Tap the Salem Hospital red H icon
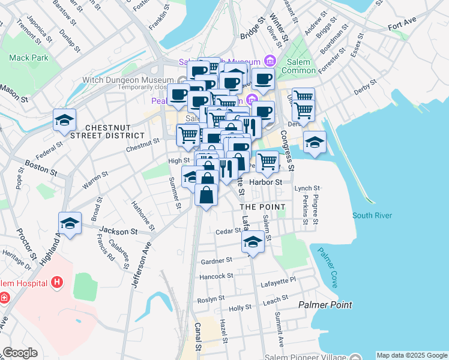click(57, 281)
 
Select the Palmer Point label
click(325, 305)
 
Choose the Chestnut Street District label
click(115, 132)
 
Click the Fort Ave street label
click(402, 27)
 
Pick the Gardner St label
click(217, 261)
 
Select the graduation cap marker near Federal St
click(64, 120)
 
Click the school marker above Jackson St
click(70, 224)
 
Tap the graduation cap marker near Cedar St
click(253, 242)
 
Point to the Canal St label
click(197, 335)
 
